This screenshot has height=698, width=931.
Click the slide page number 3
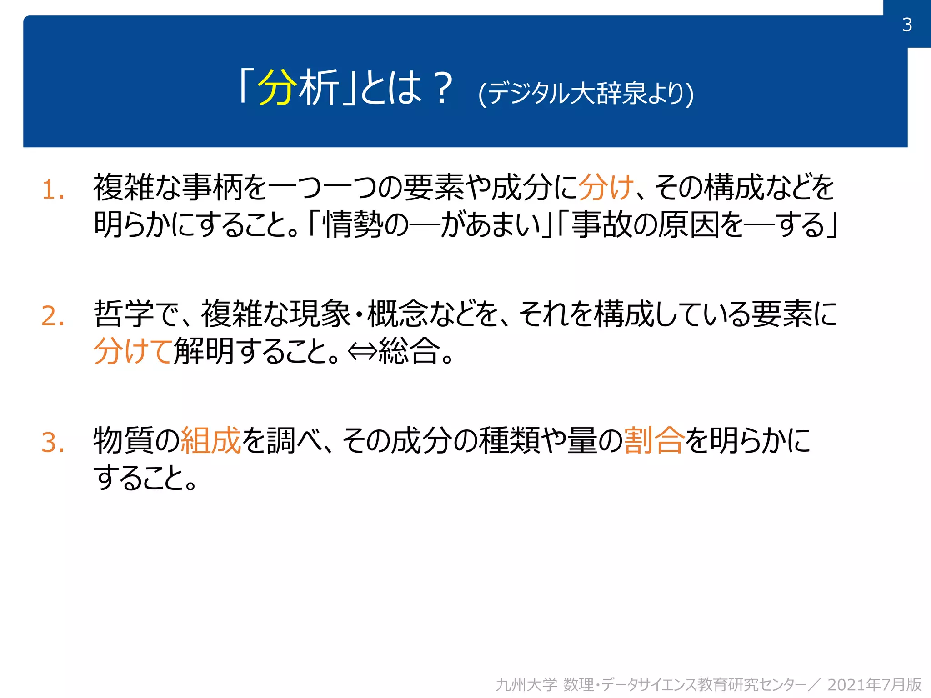click(907, 25)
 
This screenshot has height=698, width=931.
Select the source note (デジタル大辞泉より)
click(586, 93)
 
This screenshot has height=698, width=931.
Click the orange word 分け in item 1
click(606, 188)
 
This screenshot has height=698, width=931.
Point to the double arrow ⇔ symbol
click(362, 351)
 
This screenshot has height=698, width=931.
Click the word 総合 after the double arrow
click(409, 351)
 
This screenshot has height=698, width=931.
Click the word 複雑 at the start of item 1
click(123, 188)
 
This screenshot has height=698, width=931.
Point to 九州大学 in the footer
click(526, 684)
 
